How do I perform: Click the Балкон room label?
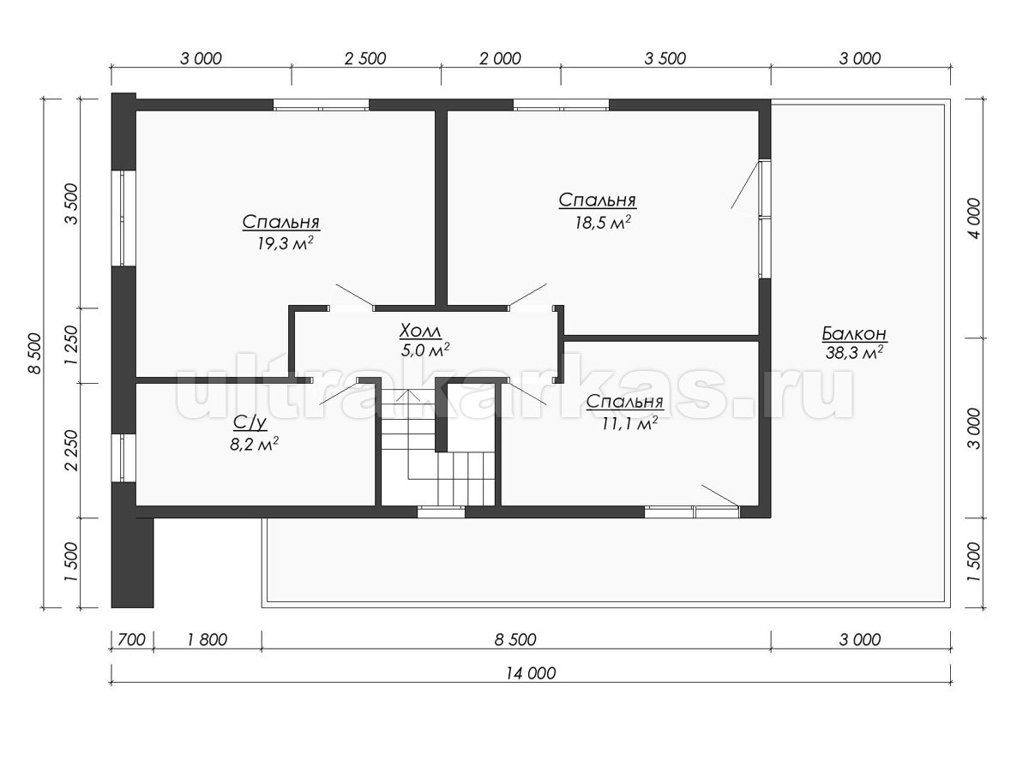tap(854, 334)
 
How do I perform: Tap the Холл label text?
tap(420, 332)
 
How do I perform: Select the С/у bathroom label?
tap(250, 423)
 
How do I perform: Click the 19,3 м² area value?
tap(285, 243)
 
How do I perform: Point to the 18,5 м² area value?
tap(603, 223)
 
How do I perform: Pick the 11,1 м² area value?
tap(629, 424)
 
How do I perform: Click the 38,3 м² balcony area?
tap(854, 352)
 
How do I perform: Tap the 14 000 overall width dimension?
tap(531, 673)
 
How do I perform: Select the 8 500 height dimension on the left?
tap(34, 354)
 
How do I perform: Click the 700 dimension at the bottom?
tap(132, 639)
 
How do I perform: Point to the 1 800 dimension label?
tap(207, 639)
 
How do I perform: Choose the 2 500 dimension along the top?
tap(365, 58)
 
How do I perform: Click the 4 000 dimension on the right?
tap(972, 218)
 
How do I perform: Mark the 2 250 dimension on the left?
tap(72, 451)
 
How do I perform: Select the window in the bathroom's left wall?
tap(123, 457)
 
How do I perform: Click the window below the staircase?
tap(441, 511)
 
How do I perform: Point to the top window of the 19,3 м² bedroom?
tap(321, 105)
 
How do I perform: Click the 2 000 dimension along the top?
tap(501, 58)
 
